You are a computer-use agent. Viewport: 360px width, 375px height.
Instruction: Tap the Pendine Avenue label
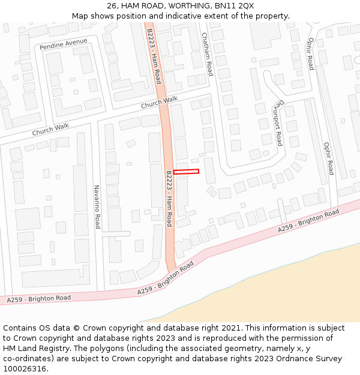click(63, 44)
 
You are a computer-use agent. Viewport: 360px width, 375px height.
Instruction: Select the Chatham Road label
click(208, 54)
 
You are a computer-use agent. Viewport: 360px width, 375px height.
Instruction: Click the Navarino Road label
click(96, 206)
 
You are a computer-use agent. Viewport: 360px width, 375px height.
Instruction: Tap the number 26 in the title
click(112, 5)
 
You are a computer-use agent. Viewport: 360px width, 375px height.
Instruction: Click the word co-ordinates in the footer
click(27, 359)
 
